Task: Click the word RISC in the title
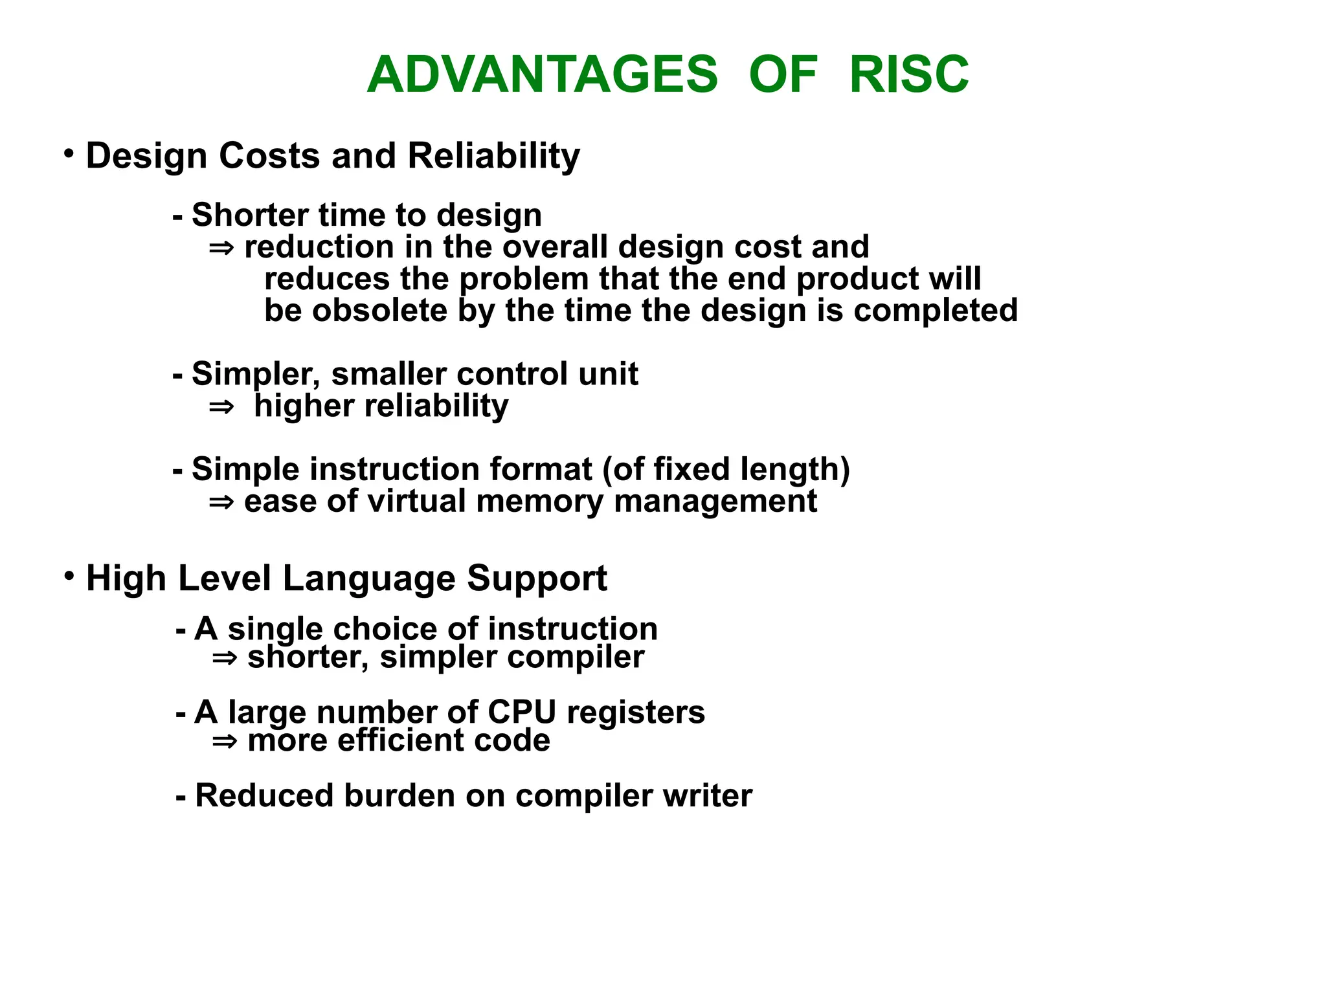908,74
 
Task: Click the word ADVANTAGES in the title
543,74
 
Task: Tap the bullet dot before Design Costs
69,154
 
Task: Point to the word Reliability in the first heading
493,157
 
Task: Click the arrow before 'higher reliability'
221,407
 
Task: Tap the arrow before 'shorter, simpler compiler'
224,659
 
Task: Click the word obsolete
380,310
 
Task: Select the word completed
936,311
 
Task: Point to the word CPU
521,712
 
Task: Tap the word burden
399,795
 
